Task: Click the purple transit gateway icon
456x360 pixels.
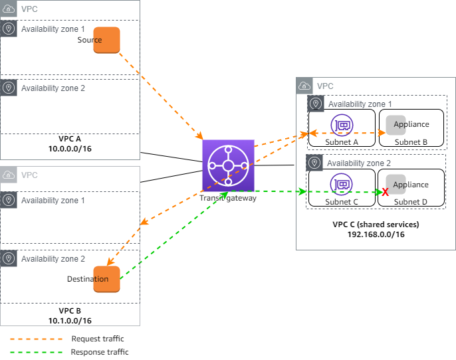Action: coord(228,165)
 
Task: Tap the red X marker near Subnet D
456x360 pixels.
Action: coord(385,192)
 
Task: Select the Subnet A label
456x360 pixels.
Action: coord(342,141)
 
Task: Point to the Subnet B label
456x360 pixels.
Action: coord(411,141)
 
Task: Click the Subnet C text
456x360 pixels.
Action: coord(342,201)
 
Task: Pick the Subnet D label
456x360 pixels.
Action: coord(411,201)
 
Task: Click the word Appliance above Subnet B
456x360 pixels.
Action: coord(411,124)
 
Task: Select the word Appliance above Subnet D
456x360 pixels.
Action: coord(411,185)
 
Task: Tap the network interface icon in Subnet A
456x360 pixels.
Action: coord(342,124)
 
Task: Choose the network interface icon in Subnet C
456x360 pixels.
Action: coord(342,184)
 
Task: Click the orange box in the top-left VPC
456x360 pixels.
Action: coord(106,40)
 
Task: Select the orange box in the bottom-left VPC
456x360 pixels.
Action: coord(106,279)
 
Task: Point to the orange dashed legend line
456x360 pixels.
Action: coord(37,339)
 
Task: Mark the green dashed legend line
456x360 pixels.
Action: coord(37,352)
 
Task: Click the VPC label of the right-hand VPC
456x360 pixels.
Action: coord(325,86)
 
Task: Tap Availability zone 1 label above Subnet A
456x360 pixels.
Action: coord(360,104)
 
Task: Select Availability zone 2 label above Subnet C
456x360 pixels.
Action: coord(359,163)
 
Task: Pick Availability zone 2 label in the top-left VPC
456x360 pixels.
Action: coord(53,88)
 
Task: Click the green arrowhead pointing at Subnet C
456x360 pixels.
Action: coord(304,191)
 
